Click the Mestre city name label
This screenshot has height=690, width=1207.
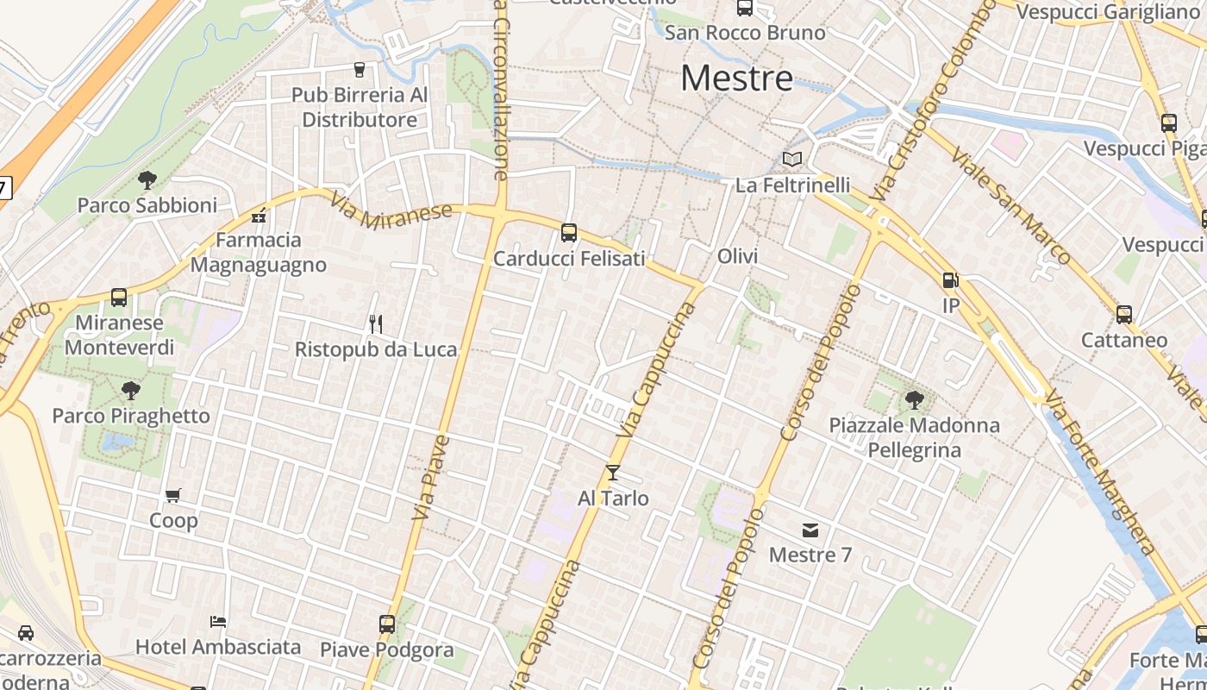736,78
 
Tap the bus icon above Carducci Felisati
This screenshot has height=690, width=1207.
569,232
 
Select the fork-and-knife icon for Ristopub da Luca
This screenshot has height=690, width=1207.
375,324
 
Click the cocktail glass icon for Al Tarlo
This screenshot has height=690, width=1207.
613,473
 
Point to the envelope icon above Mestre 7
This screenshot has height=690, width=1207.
810,530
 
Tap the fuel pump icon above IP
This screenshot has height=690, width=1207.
950,280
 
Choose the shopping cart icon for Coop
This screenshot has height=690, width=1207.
173,496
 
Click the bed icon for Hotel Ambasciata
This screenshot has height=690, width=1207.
218,622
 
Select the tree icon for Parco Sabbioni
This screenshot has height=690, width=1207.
147,180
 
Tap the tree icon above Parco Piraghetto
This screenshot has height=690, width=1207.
130,391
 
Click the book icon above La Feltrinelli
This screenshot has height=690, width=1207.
791,160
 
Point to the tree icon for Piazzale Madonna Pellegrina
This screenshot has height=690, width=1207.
914,399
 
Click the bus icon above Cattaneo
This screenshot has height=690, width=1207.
1124,315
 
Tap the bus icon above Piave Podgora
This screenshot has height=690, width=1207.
387,624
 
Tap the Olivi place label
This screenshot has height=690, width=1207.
737,256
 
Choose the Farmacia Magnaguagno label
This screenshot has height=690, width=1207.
259,252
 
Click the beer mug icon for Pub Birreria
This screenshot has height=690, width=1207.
360,70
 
